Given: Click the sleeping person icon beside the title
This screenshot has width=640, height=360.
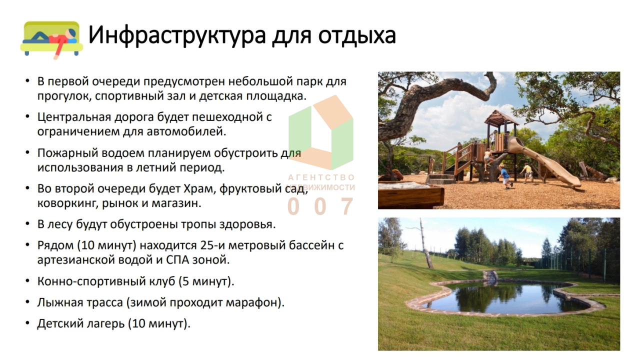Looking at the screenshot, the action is tap(51, 40).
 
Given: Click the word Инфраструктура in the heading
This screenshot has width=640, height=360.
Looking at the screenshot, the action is tap(177, 35).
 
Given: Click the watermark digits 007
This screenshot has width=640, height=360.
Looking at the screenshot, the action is tap(320, 206).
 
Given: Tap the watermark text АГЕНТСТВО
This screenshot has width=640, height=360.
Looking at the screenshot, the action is tap(321, 177).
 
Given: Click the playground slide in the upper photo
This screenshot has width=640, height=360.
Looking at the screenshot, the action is tap(543, 161).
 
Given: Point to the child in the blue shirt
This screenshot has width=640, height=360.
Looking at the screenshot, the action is tap(505, 176).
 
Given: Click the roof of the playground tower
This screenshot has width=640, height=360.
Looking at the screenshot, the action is tap(501, 118).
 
